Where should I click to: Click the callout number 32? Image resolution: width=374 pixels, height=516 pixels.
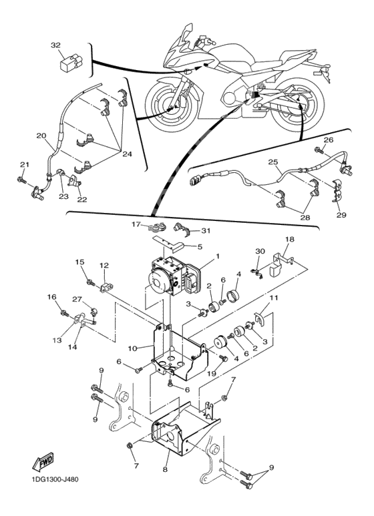coord(56,45)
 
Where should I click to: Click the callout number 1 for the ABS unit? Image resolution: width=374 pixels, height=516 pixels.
coord(217,256)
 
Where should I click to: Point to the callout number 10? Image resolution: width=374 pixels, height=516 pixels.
coord(132,348)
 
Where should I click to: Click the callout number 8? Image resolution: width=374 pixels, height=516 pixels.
coord(165,469)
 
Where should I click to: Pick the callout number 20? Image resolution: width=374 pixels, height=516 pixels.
coord(41,136)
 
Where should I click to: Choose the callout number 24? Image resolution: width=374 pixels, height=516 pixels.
coord(127,154)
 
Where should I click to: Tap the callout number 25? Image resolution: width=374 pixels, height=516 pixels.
coord(273,162)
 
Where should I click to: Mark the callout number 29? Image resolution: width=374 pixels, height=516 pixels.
coord(341,215)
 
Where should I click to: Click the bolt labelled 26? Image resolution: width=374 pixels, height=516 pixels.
coord(319,150)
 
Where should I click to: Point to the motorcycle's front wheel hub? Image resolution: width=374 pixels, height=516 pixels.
coord(170,109)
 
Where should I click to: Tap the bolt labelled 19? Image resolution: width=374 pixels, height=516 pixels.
coord(224,358)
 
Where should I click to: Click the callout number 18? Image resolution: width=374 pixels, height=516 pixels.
coord(290,239)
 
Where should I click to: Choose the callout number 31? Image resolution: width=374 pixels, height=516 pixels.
coord(206,231)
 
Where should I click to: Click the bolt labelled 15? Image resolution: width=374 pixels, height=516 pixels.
coord(90,282)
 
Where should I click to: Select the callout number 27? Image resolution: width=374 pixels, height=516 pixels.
coord(77,299)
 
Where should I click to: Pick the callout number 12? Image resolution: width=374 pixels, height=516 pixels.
coord(104,265)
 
